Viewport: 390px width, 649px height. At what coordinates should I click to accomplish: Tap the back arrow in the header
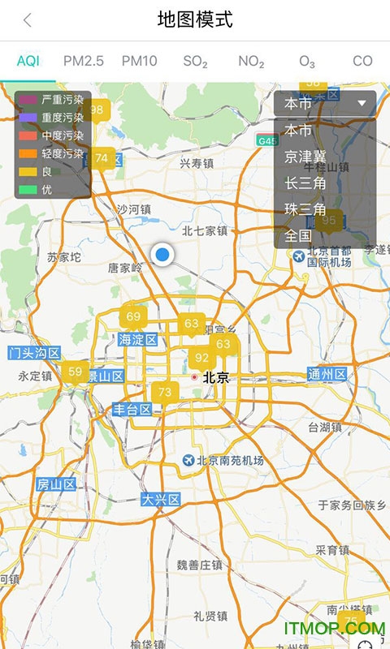tap(28, 21)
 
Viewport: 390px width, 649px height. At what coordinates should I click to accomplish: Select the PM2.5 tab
tap(84, 61)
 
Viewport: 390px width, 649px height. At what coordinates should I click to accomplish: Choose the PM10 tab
tap(140, 61)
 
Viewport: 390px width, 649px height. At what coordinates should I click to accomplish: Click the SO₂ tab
tap(195, 61)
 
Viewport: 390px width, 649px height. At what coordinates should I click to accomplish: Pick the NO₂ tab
tap(251, 61)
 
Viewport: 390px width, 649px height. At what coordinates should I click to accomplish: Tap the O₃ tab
tap(307, 61)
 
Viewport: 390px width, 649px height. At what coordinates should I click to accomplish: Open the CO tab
tap(362, 61)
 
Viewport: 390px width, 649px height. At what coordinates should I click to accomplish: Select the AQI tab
tap(28, 61)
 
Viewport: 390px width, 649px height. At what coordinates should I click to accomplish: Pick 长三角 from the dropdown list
tap(305, 183)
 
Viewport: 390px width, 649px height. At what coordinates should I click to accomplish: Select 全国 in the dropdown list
tap(298, 236)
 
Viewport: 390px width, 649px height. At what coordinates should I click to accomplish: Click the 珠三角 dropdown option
tap(305, 209)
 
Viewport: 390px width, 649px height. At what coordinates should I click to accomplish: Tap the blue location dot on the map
tap(162, 255)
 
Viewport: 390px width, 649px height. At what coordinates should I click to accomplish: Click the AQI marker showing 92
tap(202, 358)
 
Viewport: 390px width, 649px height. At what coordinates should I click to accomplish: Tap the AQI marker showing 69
tap(133, 316)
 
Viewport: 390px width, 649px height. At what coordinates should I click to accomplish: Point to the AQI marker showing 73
tap(165, 393)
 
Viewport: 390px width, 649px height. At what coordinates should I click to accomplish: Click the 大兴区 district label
tap(161, 499)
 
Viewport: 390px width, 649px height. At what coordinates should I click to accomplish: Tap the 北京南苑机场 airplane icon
tap(189, 460)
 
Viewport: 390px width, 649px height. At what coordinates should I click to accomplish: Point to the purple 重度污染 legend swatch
tap(28, 117)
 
